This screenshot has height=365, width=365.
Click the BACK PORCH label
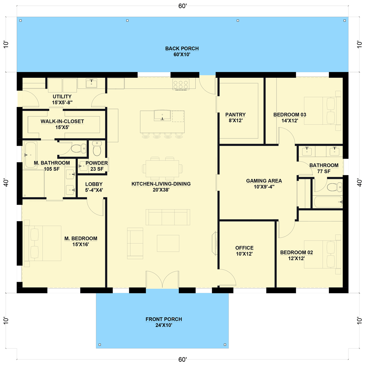click(182, 51)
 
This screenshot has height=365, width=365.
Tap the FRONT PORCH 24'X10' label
click(164, 322)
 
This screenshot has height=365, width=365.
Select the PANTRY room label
click(235, 117)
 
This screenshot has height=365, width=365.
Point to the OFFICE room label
click(244, 251)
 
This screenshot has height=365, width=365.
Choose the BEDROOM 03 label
click(289, 118)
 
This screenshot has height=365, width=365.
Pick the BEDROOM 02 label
click(296, 255)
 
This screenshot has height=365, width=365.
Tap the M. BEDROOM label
click(81, 241)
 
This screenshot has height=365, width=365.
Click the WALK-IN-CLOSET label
click(62, 124)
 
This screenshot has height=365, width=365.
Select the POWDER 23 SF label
click(96, 166)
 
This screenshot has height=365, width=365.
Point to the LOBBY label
click(94, 187)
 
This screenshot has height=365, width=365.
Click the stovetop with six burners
click(181, 85)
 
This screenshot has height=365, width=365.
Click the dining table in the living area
click(162, 168)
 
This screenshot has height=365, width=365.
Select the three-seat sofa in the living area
click(168, 217)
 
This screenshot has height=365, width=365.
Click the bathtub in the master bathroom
click(30, 155)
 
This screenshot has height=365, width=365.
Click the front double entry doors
click(162, 280)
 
